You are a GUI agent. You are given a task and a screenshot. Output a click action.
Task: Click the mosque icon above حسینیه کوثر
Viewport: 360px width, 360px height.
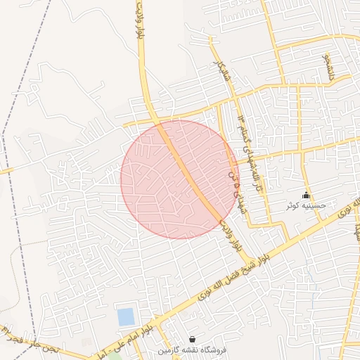tap(305, 195)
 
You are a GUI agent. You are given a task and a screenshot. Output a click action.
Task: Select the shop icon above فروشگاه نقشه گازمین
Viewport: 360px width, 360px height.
tap(193, 339)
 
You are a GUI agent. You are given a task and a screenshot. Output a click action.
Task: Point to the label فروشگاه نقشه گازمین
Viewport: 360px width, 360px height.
tap(193, 349)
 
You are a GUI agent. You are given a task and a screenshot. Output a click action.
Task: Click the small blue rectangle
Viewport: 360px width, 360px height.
tap(126, 317)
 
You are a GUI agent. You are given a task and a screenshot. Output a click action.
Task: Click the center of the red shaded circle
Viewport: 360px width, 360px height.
tap(180, 179)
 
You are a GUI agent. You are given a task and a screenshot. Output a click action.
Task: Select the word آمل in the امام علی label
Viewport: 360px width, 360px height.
tap(98, 356)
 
